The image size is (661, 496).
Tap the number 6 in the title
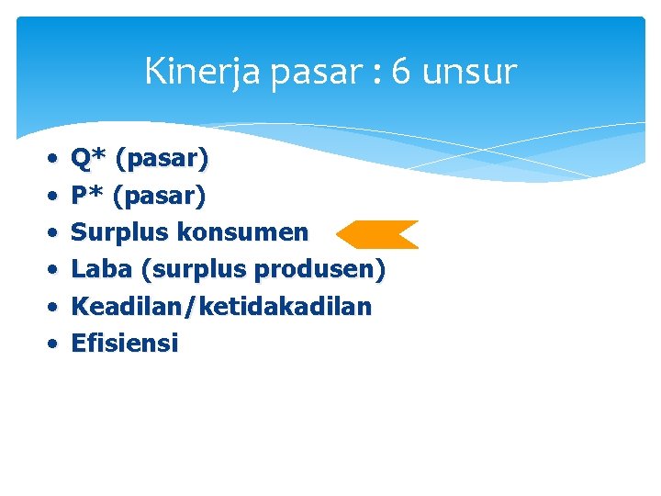(400, 72)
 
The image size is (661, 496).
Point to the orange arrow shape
(376, 234)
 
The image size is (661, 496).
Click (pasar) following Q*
(161, 160)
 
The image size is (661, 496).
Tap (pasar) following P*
(160, 197)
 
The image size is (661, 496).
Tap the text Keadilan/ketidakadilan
(221, 307)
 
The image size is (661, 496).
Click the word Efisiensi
(125, 344)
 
